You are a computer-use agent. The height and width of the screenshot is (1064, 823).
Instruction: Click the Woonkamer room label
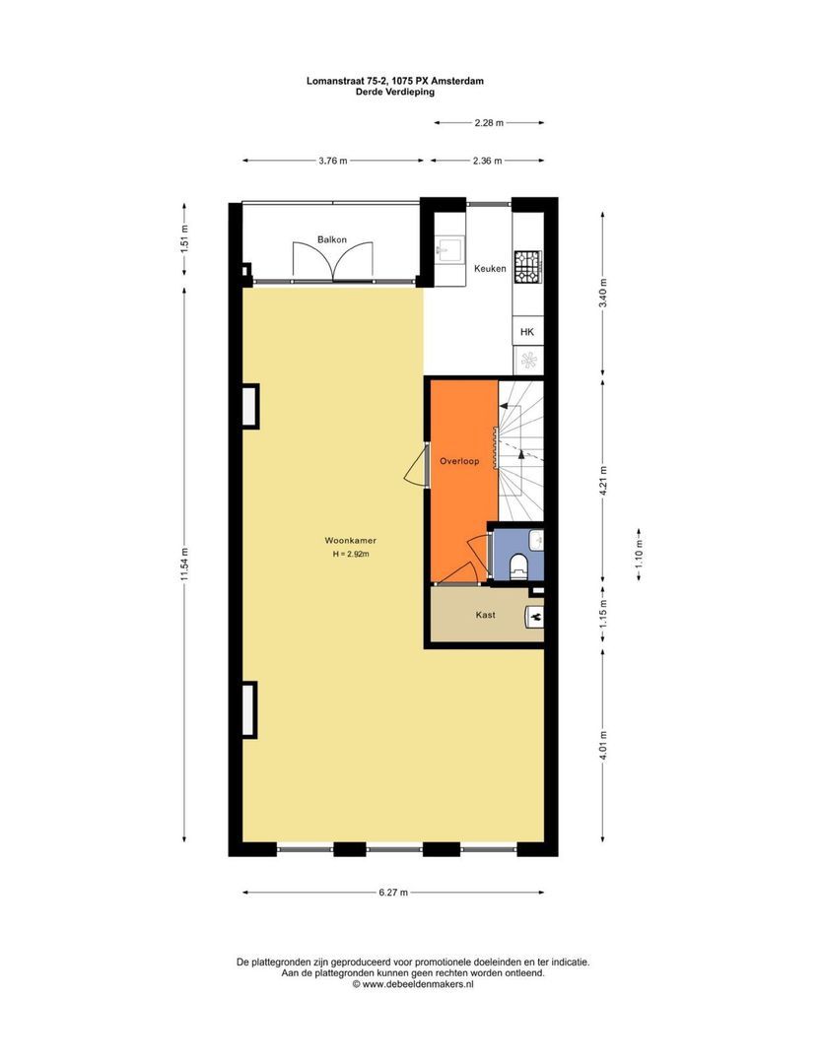click(x=351, y=540)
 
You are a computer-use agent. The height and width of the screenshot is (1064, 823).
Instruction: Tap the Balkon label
click(x=331, y=239)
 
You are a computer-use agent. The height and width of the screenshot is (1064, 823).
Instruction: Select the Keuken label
click(x=490, y=268)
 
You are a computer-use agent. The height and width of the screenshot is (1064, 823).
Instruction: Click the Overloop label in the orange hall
click(x=459, y=460)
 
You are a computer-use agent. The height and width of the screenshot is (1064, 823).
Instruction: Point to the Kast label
click(x=484, y=615)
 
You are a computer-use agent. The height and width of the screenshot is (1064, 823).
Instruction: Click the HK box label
click(x=527, y=332)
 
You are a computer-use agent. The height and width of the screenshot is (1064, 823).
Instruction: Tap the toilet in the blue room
click(x=518, y=565)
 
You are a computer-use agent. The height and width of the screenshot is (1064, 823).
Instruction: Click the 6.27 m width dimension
click(x=392, y=893)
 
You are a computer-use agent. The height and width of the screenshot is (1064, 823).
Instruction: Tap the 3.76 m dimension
click(x=331, y=161)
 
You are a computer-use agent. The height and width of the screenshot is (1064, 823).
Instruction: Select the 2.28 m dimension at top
click(x=489, y=123)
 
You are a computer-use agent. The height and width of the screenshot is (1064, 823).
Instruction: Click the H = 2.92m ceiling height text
click(x=351, y=555)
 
